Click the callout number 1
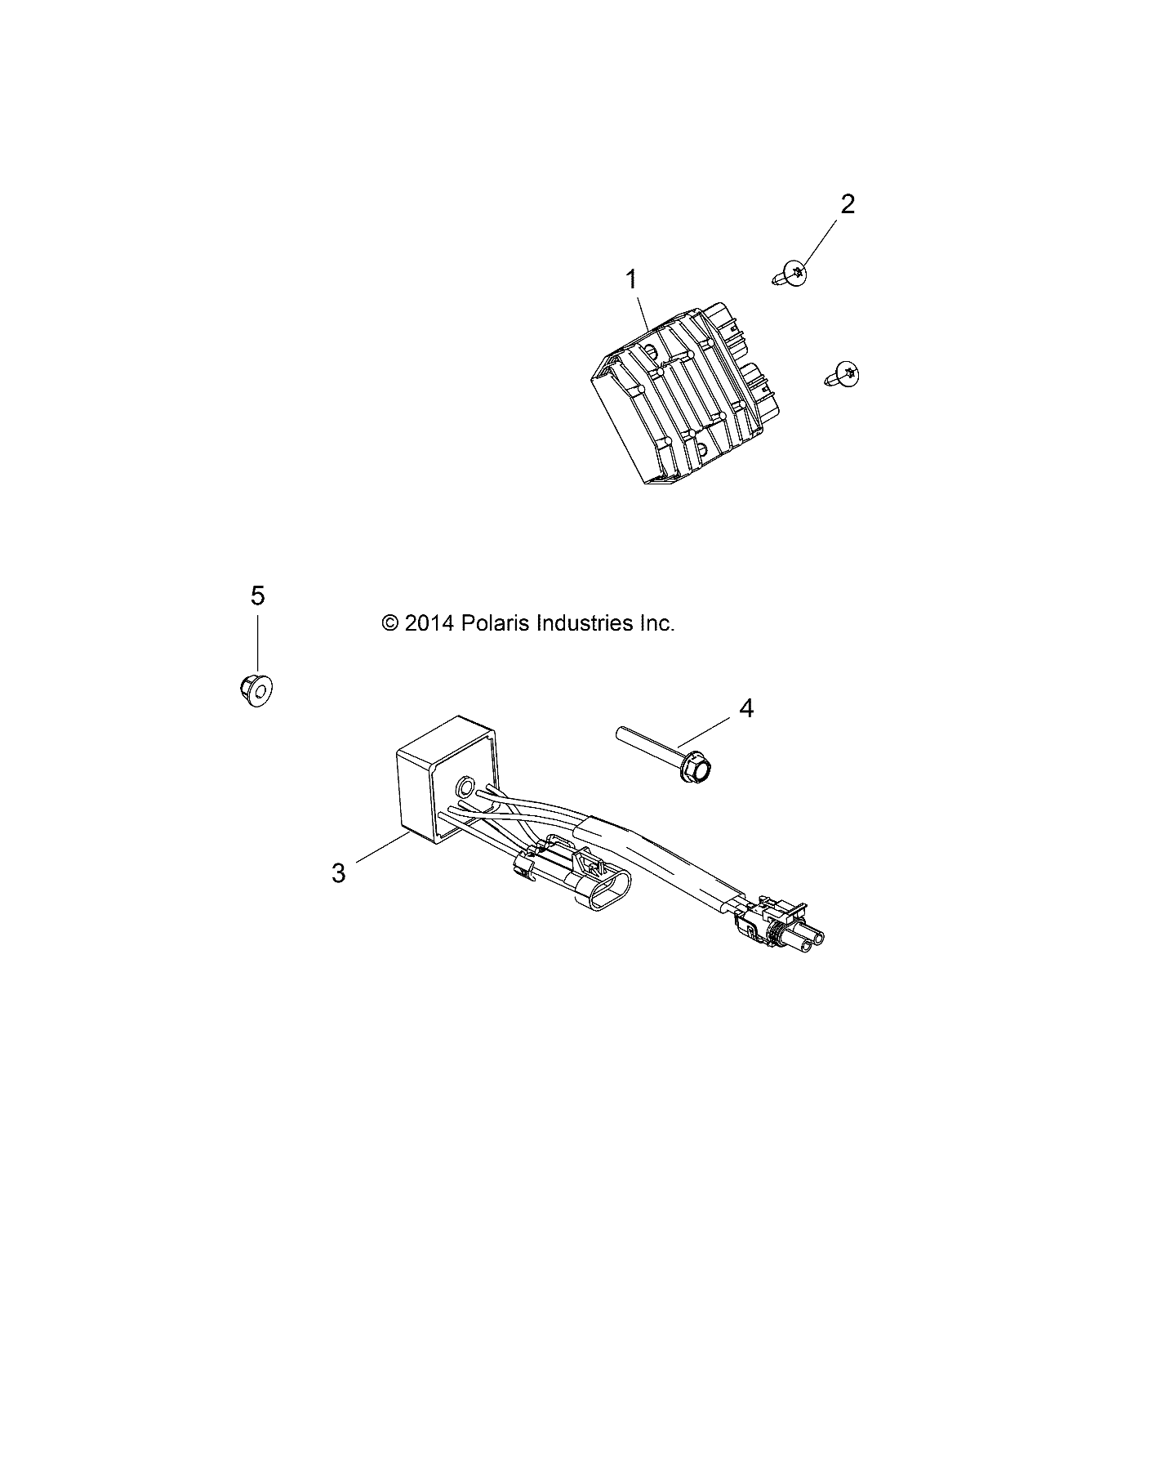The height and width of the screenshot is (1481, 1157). coord(631,280)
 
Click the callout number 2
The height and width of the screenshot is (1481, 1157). coord(848,204)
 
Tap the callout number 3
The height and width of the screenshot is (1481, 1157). coord(339,873)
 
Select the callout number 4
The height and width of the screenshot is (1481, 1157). coord(746,708)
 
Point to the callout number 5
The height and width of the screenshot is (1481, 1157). coord(257,596)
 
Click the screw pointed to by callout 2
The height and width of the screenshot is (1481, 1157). coord(790,274)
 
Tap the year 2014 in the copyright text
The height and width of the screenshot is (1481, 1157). coord(429,623)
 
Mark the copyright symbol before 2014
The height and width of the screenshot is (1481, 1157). coord(390,624)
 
